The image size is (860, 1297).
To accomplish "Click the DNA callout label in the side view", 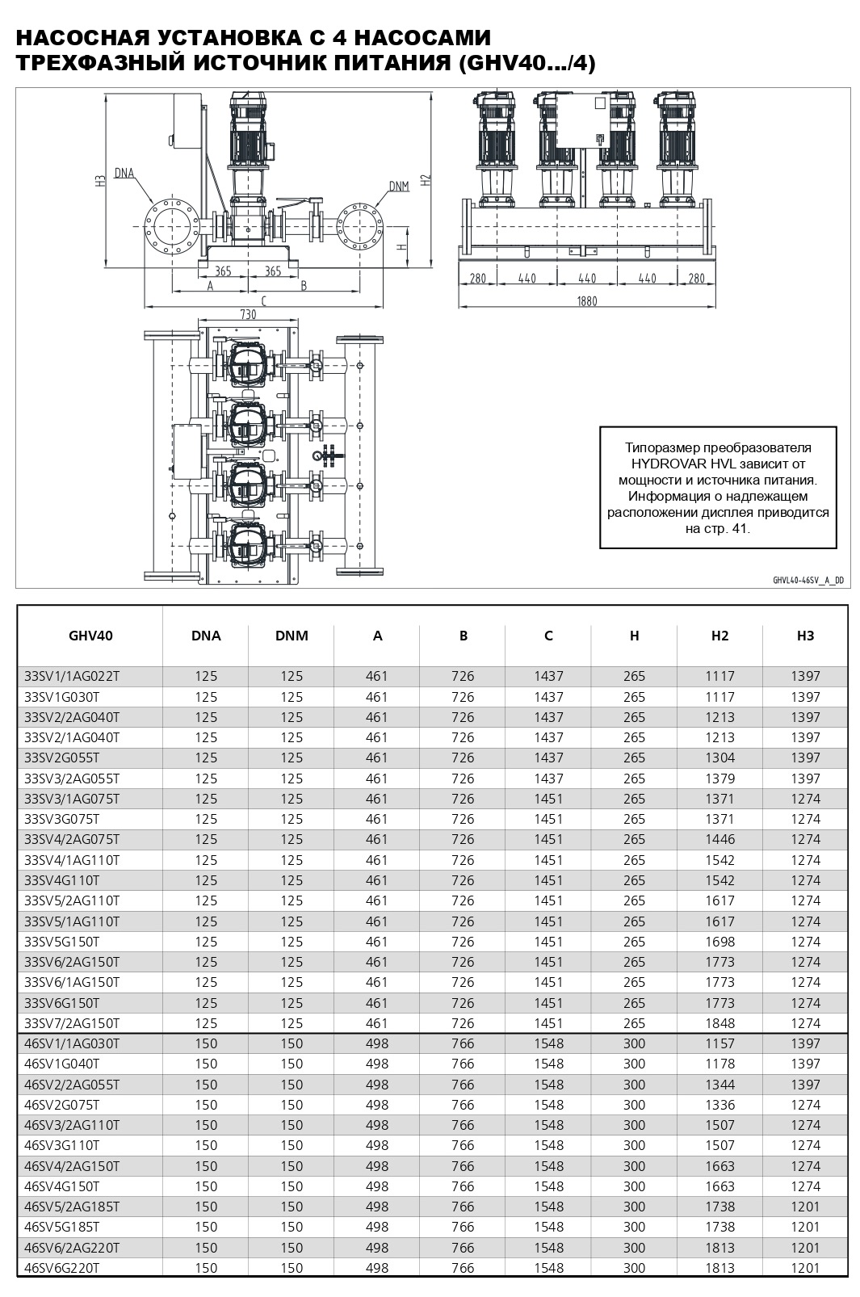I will click(x=124, y=172).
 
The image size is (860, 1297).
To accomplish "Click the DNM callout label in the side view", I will click(x=399, y=187).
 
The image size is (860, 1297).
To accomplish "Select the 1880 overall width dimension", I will click(x=587, y=301).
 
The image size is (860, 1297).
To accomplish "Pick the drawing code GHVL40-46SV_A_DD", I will click(x=808, y=579).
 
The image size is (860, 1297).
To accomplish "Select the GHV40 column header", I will click(x=90, y=636).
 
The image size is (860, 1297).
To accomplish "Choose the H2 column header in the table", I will click(x=719, y=636).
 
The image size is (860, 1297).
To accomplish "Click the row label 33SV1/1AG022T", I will click(x=73, y=676).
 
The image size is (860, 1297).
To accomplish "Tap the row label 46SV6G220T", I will click(x=62, y=1268).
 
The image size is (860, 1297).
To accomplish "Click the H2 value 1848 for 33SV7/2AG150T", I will click(x=719, y=1023).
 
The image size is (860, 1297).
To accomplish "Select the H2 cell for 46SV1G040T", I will click(x=719, y=1064).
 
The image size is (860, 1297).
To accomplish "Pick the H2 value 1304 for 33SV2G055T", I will click(x=719, y=758).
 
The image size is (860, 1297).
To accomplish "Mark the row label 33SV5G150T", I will click(x=62, y=942).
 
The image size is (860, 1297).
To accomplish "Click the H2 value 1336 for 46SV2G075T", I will click(x=719, y=1105).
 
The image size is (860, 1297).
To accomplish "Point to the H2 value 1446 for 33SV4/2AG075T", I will click(x=719, y=839).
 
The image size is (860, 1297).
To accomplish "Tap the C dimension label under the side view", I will click(x=263, y=300).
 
